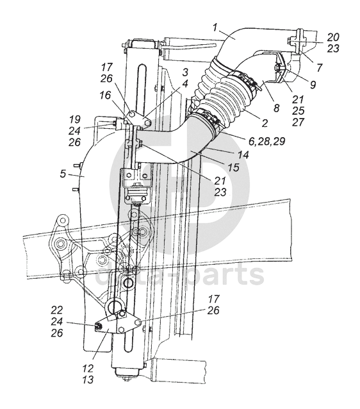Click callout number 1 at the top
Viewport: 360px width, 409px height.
tap(215, 28)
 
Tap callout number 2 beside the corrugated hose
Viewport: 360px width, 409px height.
tap(265, 123)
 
